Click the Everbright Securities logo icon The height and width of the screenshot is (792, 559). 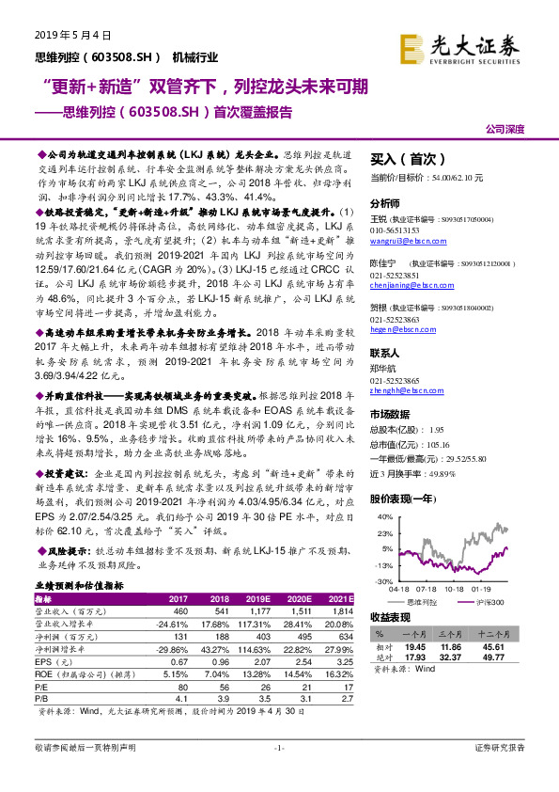410,46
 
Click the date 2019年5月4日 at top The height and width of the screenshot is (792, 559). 72,35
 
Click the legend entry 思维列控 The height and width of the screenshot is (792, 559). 419,600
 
